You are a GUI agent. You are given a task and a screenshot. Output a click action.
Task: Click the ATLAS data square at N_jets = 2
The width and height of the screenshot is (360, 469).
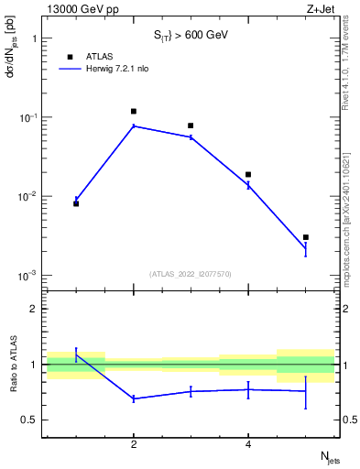click(134, 111)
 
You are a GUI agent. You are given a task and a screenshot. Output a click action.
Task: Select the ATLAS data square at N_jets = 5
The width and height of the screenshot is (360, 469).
click(306, 237)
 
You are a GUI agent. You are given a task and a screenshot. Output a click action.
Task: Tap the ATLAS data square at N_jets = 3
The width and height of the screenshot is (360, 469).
click(191, 125)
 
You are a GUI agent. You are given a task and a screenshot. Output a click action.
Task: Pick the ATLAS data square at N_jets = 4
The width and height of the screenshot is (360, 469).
click(248, 174)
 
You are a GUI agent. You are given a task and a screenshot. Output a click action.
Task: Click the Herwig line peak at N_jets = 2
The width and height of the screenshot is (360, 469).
click(134, 125)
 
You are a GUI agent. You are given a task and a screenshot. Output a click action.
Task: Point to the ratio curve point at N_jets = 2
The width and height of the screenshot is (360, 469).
click(134, 398)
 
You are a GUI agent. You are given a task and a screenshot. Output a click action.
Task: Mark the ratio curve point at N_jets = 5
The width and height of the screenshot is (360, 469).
click(306, 391)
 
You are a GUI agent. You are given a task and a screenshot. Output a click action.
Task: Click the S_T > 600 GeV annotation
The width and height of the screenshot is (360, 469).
click(191, 35)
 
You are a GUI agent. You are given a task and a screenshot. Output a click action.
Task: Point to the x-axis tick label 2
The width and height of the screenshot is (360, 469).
click(134, 445)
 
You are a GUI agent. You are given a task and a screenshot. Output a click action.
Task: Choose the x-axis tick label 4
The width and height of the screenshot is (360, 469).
click(248, 445)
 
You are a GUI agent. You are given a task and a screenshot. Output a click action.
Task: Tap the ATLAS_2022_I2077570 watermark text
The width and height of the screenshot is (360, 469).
click(191, 274)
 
